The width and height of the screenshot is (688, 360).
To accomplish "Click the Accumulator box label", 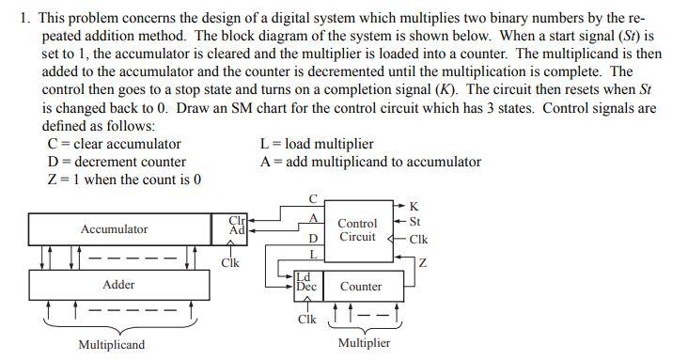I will (114, 229).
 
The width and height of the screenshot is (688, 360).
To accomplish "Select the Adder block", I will (118, 284).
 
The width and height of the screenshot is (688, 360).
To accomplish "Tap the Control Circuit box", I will (357, 230).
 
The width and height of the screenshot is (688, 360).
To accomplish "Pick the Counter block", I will (361, 286).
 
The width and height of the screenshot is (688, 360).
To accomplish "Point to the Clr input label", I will (237, 221).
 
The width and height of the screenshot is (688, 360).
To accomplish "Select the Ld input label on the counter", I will (303, 277).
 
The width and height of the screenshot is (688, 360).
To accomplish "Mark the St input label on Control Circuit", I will (415, 222).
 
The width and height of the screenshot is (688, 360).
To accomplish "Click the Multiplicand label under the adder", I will (111, 345).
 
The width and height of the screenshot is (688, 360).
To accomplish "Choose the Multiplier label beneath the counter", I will (364, 343).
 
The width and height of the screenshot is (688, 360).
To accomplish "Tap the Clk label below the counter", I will (306, 320).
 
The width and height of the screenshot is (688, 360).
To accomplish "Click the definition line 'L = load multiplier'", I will (316, 144).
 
